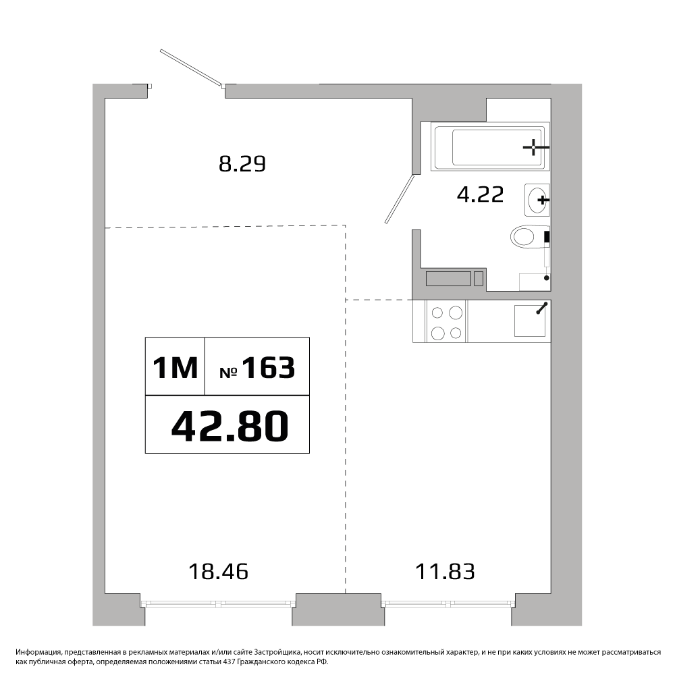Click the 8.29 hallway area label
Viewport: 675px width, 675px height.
click(x=242, y=164)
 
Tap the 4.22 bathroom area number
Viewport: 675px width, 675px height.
click(x=480, y=194)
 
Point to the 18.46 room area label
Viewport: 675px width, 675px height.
click(x=219, y=572)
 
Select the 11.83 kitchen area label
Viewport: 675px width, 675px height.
click(x=445, y=572)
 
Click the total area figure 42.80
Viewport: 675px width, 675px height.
click(x=230, y=426)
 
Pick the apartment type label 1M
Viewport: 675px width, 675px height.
click(x=175, y=368)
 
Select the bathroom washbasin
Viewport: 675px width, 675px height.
click(x=537, y=200)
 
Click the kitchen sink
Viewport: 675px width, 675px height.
click(x=531, y=321)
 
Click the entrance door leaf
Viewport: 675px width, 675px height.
click(x=192, y=68)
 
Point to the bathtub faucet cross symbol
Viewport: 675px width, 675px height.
click(x=534, y=147)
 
